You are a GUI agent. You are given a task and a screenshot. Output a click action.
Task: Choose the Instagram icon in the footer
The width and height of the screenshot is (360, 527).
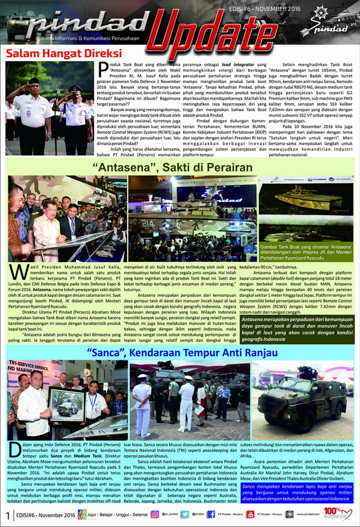coord(155,514)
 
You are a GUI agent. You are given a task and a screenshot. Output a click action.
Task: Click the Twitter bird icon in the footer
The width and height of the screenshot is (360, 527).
coord(185,514)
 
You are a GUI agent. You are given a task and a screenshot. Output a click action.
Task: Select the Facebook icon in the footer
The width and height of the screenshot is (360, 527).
coord(212,514)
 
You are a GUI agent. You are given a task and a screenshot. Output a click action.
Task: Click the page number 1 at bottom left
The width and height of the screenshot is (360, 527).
coord(7,514)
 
